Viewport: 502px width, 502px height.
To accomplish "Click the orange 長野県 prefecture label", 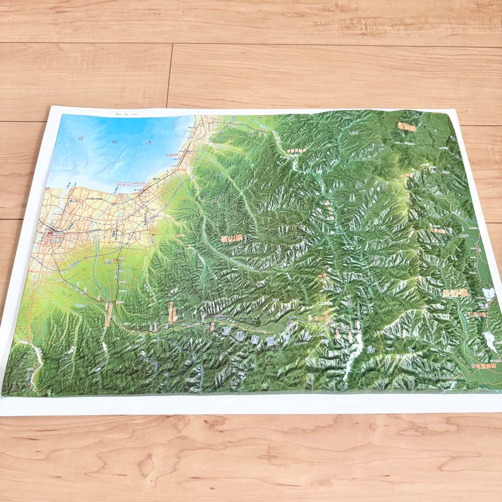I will click(455, 293).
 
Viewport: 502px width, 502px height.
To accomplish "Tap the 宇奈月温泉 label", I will click(297, 150).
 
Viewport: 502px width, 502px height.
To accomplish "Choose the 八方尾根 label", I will click(437, 230).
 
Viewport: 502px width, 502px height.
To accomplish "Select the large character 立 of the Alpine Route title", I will click(226, 332).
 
